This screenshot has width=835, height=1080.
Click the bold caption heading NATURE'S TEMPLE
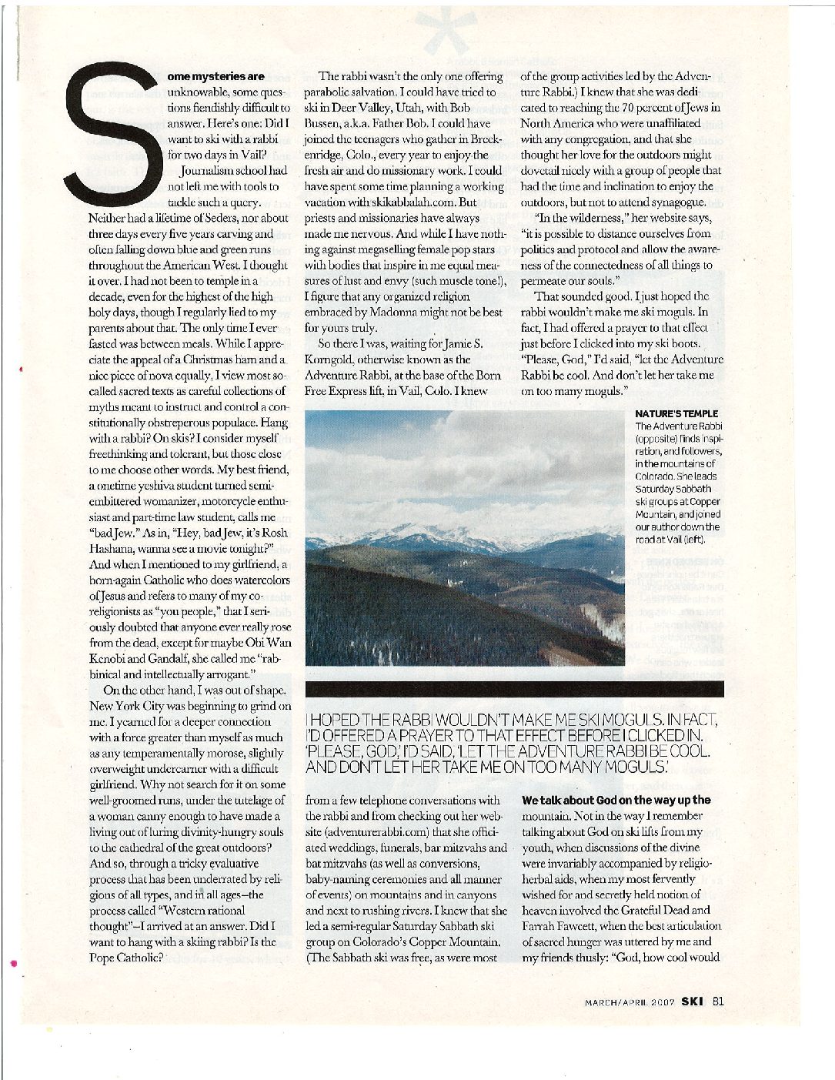tap(676, 413)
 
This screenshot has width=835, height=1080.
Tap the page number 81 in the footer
tap(717, 1001)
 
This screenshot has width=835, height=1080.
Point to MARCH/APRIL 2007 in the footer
tap(630, 1002)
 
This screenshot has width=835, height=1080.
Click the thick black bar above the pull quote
tap(514, 688)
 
